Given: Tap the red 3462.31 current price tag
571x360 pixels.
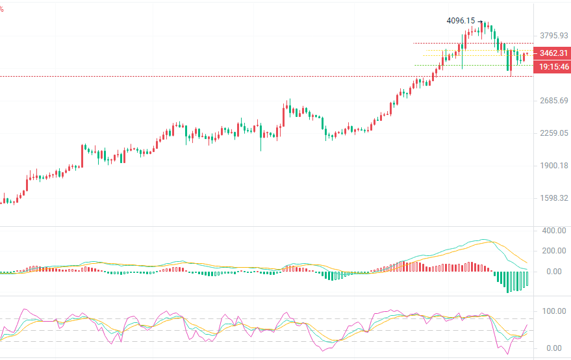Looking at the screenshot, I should (x=550, y=53).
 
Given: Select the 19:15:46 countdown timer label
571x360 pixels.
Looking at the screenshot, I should (x=551, y=66).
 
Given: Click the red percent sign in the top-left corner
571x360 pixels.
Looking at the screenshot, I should (x=2, y=9).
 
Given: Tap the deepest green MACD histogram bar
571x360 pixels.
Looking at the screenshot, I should (x=508, y=283).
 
